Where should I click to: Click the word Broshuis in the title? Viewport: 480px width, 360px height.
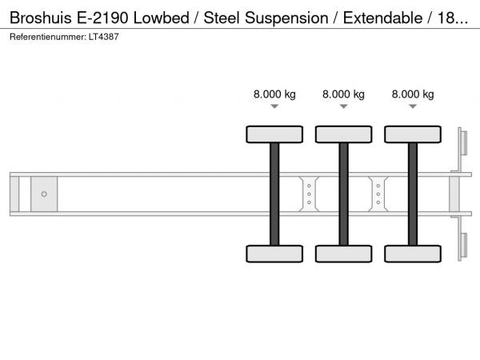(41, 18)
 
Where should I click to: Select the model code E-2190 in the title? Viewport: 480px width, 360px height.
(102, 18)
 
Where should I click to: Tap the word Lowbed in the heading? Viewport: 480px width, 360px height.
(162, 18)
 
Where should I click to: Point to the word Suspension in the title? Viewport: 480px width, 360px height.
(286, 18)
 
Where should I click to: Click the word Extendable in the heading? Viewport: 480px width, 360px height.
(382, 18)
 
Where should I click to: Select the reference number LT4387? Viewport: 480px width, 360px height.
(103, 37)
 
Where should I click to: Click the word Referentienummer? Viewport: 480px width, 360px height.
(48, 37)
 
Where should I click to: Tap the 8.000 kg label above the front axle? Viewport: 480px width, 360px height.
(274, 94)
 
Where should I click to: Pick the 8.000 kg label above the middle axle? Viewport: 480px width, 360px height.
(343, 94)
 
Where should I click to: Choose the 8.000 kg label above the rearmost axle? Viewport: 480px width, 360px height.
(413, 94)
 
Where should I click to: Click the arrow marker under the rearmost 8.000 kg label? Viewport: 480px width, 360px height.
(413, 106)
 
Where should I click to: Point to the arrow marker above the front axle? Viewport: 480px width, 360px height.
(274, 106)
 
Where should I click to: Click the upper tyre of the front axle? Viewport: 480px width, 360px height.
(274, 134)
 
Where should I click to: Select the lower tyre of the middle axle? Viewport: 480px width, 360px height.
(343, 254)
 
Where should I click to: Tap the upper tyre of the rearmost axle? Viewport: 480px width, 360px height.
(413, 134)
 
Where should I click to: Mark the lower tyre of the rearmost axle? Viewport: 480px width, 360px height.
(413, 254)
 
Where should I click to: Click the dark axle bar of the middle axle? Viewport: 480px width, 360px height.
(343, 194)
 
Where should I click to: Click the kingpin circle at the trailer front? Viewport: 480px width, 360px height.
(44, 194)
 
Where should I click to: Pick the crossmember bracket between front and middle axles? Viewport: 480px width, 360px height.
(309, 194)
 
